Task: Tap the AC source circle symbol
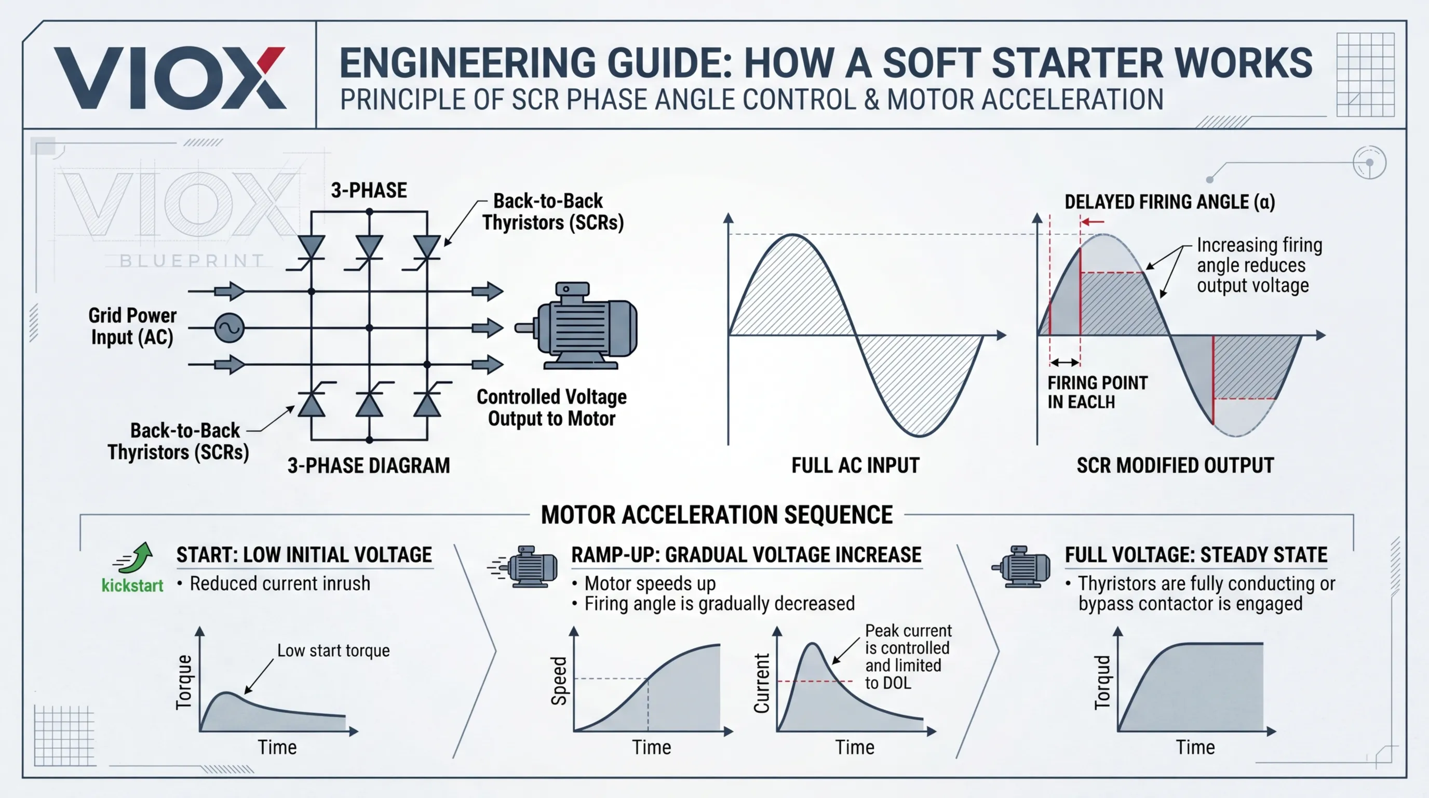tap(229, 327)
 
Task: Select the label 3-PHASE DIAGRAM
tap(368, 465)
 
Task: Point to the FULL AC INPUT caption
tap(855, 465)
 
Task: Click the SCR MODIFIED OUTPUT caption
tap(1175, 465)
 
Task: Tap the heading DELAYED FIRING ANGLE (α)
tap(1169, 202)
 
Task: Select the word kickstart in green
tap(132, 586)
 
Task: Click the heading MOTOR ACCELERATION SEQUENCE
tap(717, 515)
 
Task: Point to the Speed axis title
tap(559, 681)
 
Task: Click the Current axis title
tap(762, 683)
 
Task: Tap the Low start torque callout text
tap(333, 650)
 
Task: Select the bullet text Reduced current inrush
tap(279, 584)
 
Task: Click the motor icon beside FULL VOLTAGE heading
tap(1021, 566)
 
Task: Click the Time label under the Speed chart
tap(651, 748)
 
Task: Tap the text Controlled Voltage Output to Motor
tap(551, 408)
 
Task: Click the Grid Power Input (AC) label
tap(132, 326)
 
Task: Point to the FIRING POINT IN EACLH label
tap(1097, 392)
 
